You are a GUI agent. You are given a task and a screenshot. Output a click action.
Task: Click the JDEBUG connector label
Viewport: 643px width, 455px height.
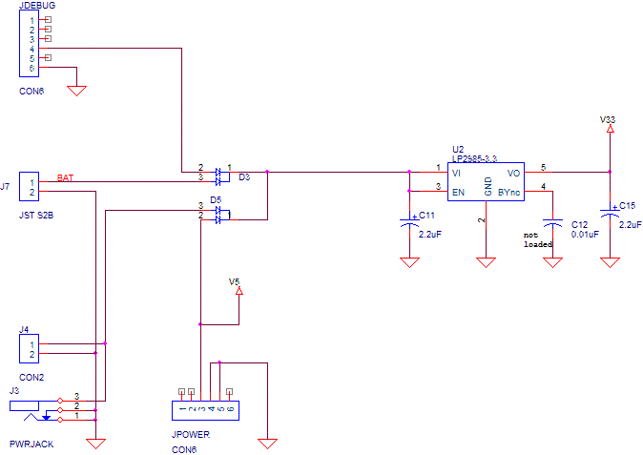[x=36, y=7]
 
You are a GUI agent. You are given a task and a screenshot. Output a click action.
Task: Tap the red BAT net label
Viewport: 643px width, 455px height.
[x=65, y=178]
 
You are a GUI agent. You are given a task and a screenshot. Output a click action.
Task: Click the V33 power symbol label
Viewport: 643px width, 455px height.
[x=608, y=119]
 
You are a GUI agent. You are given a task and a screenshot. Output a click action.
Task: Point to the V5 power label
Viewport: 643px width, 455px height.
[x=236, y=281]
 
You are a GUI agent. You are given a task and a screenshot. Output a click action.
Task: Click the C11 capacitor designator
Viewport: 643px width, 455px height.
[x=427, y=216]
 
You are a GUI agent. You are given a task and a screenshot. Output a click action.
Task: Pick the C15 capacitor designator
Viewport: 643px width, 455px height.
[x=627, y=205]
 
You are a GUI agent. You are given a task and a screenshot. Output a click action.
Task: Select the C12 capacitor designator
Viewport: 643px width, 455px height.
[x=579, y=224]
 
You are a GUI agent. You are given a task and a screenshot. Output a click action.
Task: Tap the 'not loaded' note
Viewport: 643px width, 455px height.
[x=538, y=238]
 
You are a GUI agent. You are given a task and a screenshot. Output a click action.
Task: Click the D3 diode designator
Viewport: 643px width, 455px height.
[x=244, y=177]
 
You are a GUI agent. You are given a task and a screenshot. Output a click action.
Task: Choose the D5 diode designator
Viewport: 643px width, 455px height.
[x=216, y=200]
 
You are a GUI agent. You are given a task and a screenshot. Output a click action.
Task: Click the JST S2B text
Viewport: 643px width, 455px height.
[x=36, y=216]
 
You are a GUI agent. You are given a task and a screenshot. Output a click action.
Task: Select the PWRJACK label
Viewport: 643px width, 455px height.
[x=29, y=445]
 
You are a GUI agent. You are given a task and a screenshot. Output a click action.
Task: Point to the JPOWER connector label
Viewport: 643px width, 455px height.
[x=191, y=434]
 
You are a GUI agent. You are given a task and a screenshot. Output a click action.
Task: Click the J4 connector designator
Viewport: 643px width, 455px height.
[x=25, y=330]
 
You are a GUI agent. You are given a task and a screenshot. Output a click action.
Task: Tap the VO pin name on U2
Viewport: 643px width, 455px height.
[x=513, y=174]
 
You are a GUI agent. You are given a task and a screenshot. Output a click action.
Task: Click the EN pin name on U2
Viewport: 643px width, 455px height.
[x=458, y=192]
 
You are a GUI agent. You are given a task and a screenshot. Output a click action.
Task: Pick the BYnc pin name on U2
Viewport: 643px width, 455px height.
[x=509, y=192]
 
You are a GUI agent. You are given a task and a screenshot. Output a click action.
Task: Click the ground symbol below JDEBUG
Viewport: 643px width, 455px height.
[x=78, y=91]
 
